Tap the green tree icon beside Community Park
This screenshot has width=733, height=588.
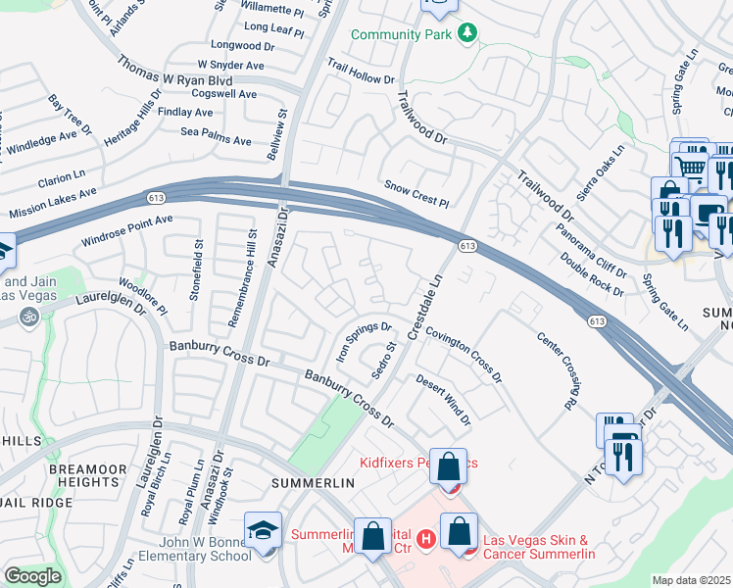pos(468,33)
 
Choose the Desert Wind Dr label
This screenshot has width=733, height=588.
pos(443,400)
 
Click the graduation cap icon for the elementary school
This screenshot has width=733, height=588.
pos(264,530)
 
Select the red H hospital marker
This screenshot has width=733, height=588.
pos(425,538)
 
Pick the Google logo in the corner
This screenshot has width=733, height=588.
pos(32,576)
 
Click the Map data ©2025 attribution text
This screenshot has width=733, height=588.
pos(691,580)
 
